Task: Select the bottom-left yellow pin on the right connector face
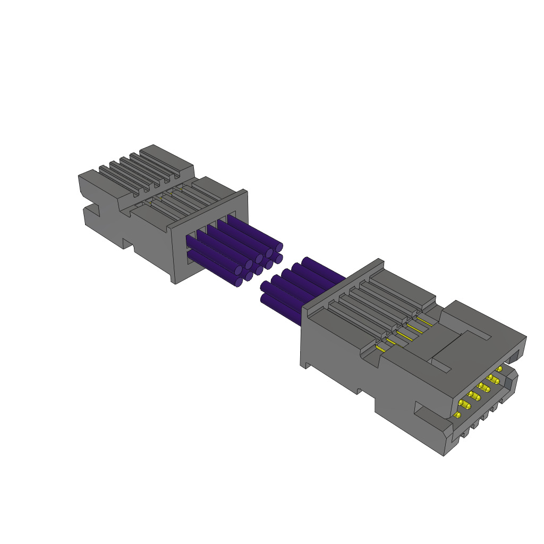[x=458, y=414]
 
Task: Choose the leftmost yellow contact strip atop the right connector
[x=380, y=348]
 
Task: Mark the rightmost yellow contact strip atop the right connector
[x=425, y=320]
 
